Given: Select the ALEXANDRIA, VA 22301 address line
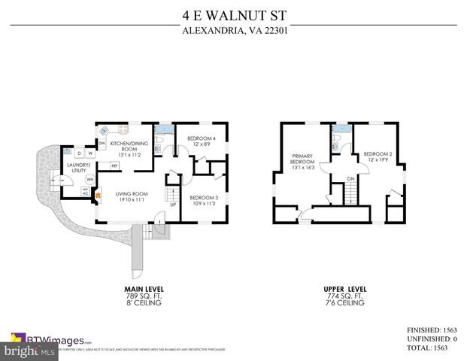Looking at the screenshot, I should pos(233,31).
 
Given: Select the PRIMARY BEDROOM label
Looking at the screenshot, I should pos(302,161).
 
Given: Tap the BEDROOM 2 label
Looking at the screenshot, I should pos(377,156).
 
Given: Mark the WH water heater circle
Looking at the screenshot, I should pos(89,180).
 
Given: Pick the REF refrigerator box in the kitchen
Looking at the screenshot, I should pos(115,165).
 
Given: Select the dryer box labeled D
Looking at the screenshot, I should pos(78,153).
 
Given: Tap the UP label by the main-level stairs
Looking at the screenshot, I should pos(172,204).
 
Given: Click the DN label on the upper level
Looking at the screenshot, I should pos(350,178).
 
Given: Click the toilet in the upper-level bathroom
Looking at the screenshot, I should pos(339,141).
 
